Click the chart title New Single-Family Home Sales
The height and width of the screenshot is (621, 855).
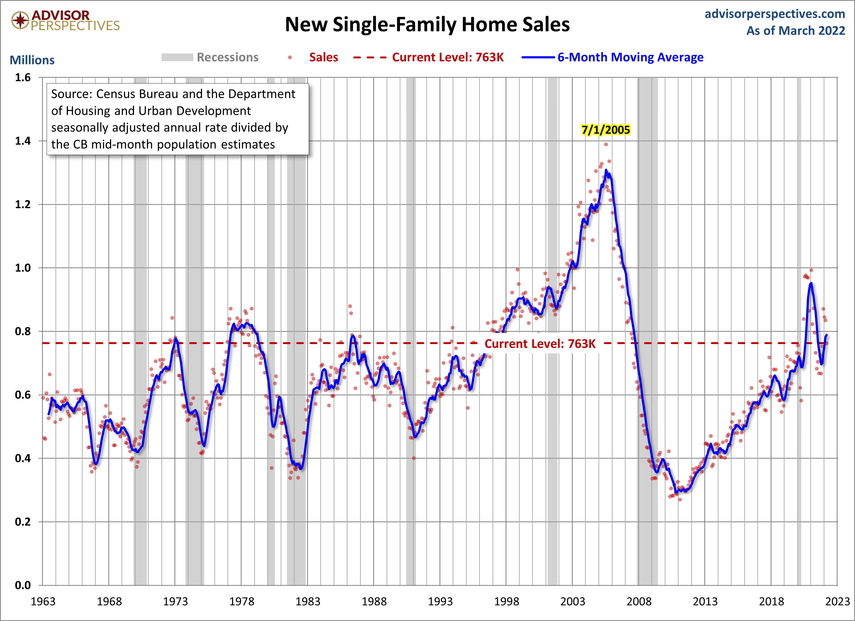(x=427, y=25)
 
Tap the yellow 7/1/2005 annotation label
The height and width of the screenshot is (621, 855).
(x=605, y=130)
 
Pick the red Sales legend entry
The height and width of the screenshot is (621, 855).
(x=323, y=57)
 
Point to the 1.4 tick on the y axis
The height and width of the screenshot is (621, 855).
(x=23, y=141)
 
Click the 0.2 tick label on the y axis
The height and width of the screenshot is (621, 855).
(x=23, y=522)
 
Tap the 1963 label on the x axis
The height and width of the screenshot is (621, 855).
(x=43, y=601)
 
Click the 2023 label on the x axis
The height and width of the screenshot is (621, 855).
(x=837, y=601)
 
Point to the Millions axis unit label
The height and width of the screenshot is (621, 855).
(x=32, y=60)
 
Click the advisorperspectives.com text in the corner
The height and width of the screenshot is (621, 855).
(x=775, y=14)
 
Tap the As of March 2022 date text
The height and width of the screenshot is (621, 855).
(x=795, y=31)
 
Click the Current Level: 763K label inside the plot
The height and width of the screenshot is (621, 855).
(x=540, y=344)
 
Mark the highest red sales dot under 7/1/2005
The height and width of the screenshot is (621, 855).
(x=606, y=144)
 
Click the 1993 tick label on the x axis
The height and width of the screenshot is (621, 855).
(x=440, y=601)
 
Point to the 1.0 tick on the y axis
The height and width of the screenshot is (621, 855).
(x=23, y=268)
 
